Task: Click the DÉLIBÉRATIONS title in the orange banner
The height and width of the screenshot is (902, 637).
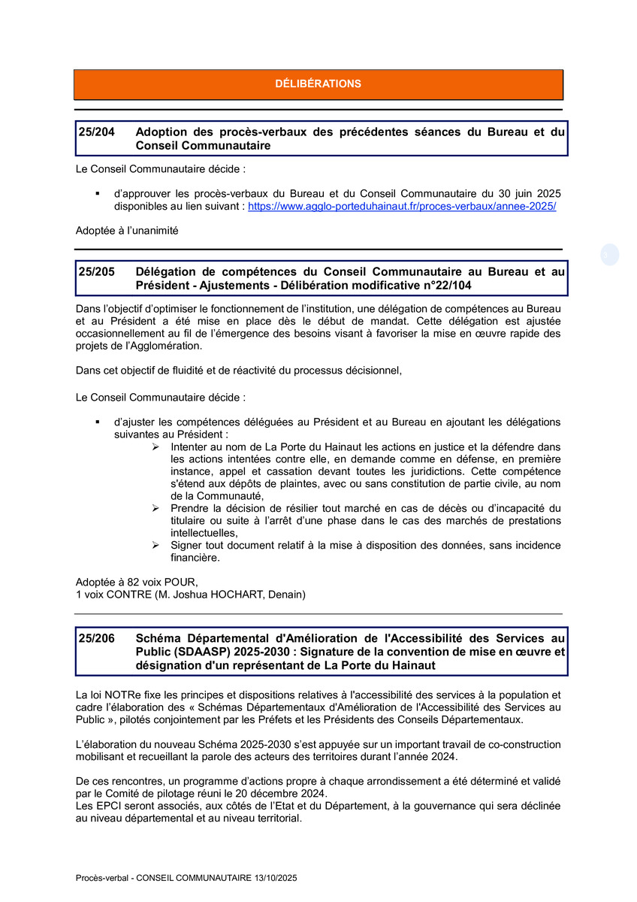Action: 318,84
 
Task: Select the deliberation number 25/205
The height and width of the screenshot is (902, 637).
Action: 96,272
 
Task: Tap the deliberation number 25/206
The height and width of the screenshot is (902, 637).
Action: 96,638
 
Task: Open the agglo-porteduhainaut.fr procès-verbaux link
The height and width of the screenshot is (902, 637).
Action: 402,206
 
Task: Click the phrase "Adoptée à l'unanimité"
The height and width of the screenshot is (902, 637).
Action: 127,231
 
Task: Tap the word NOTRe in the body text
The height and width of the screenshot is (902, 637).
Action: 123,695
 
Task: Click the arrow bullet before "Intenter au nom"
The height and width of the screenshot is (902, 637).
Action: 155,447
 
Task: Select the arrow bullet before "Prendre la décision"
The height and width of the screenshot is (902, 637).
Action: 155,508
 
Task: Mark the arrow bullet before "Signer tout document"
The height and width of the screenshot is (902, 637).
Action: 155,545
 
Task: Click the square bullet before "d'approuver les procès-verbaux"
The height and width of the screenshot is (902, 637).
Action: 98,194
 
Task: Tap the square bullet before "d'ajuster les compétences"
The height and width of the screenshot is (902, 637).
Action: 98,422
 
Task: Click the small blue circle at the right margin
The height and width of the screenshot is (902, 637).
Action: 609,256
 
